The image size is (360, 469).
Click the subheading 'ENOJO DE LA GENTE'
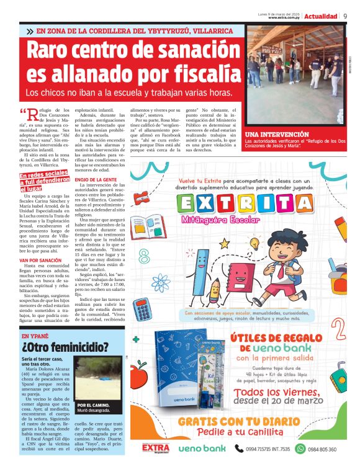pyautogui.click(x=96, y=179)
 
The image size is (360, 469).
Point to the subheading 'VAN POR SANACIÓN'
pyautogui.click(x=41, y=243)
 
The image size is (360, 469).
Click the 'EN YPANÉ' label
pyautogui.click(x=35, y=336)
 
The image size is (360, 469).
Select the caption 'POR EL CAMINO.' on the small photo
pyautogui.click(x=93, y=405)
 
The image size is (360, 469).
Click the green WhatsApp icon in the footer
pyautogui.click(x=300, y=449)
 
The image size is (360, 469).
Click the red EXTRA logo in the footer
pyautogui.click(x=156, y=448)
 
